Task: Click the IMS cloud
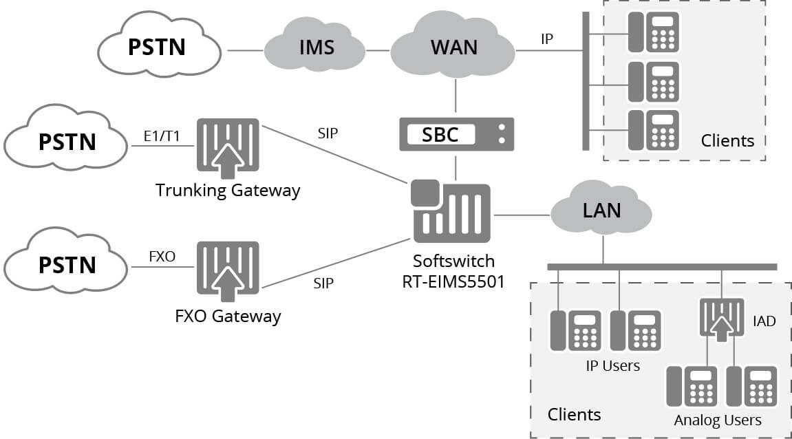316,47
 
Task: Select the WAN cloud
453,47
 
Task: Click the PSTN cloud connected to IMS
158,46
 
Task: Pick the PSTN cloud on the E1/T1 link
67,142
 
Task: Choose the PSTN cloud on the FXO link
67,264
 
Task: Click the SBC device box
456,134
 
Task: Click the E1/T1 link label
162,136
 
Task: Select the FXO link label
162,257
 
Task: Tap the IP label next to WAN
546,39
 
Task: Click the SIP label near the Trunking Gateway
328,133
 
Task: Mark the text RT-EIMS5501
453,281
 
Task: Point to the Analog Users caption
718,419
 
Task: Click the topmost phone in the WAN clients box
653,32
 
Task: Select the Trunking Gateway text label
228,190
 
